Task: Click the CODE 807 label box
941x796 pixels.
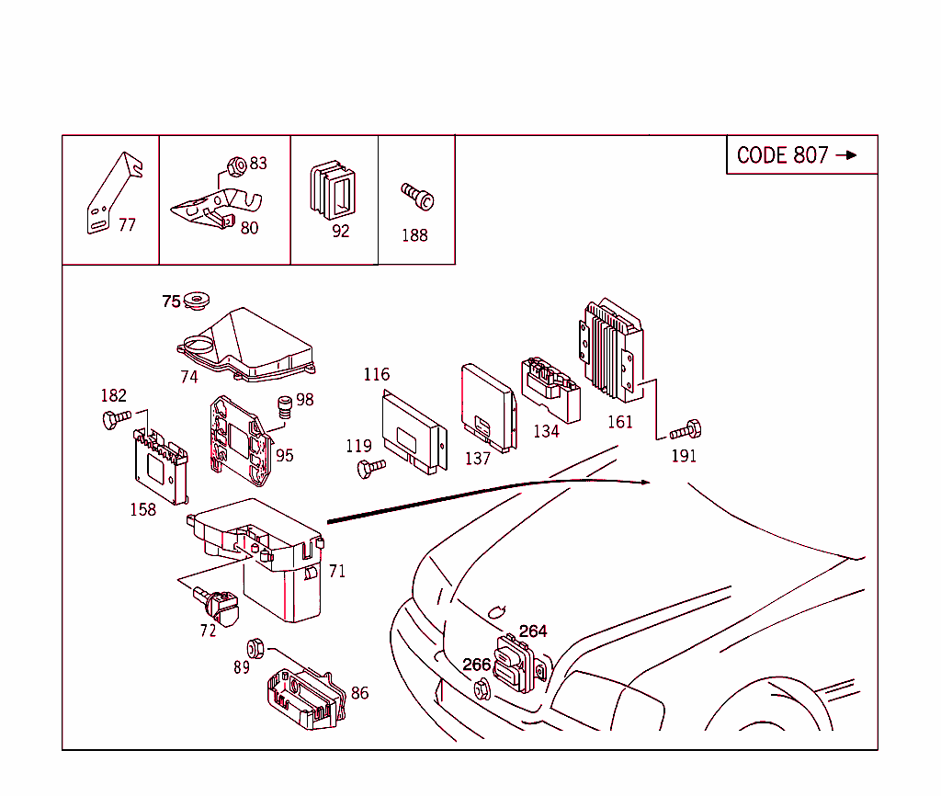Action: click(800, 155)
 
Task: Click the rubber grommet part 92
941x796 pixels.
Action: click(334, 191)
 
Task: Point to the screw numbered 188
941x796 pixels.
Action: click(418, 196)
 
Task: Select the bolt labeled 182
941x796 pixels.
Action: click(116, 420)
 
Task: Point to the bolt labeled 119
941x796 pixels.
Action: click(369, 468)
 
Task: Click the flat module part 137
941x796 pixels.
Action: click(487, 404)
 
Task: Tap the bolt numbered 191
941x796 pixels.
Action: click(686, 429)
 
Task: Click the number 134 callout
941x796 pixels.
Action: click(546, 431)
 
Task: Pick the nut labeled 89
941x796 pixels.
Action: click(256, 647)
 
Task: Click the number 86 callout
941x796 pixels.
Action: click(359, 693)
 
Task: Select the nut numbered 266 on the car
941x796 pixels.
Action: click(481, 688)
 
